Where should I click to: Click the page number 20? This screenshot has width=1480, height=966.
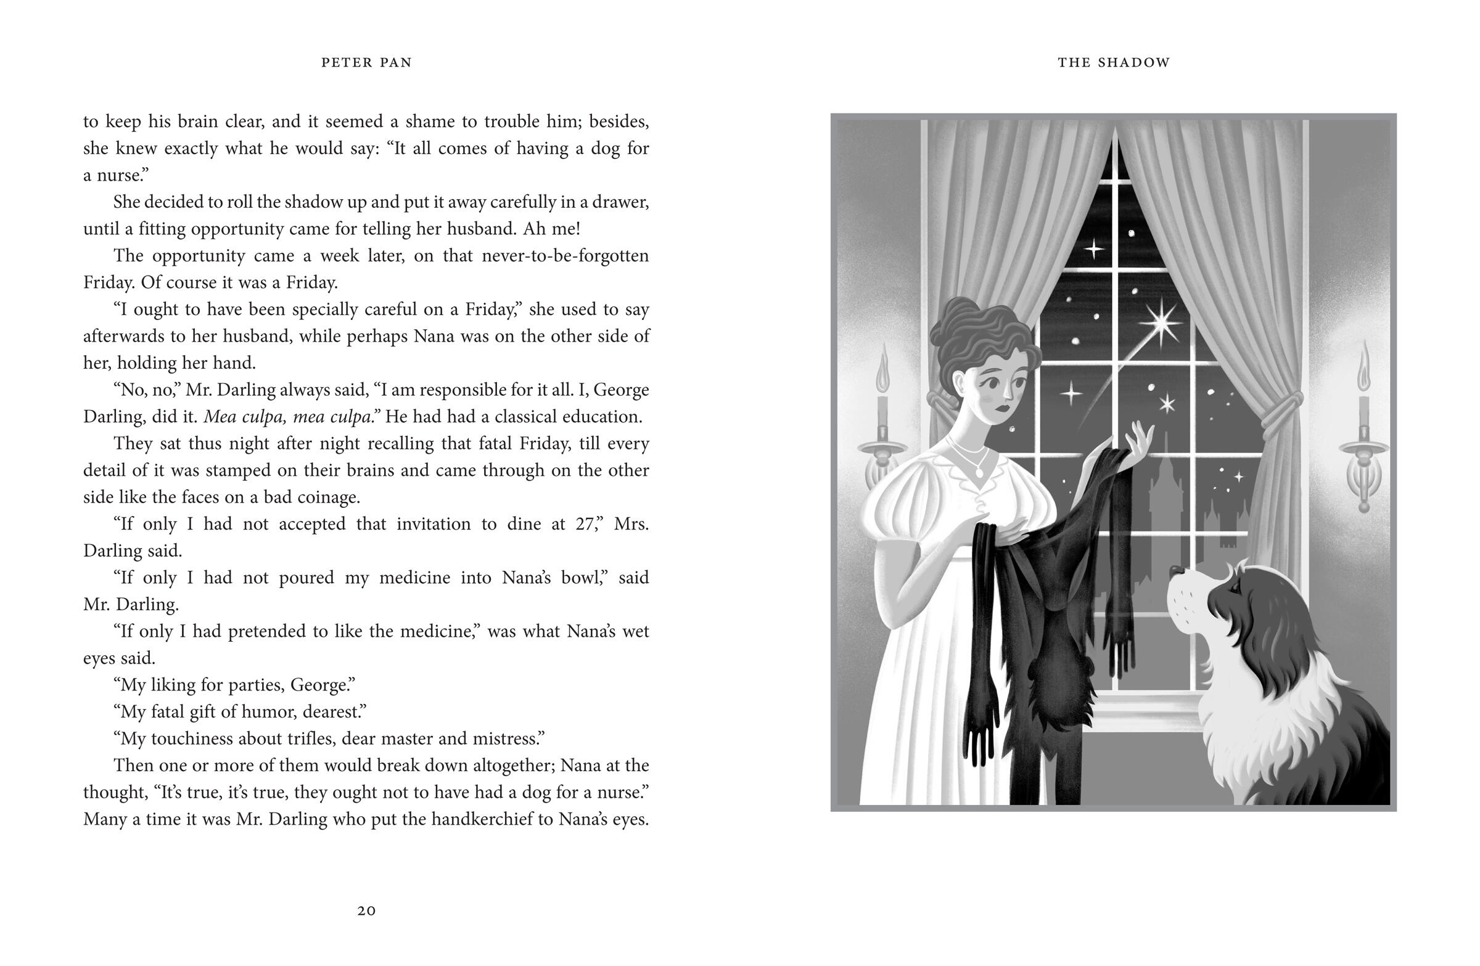[366, 911]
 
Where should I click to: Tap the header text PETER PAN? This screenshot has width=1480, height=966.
[366, 62]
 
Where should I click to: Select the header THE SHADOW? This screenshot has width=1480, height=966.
[1114, 62]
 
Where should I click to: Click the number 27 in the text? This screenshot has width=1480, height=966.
[585, 524]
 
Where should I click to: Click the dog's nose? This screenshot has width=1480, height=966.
[1173, 570]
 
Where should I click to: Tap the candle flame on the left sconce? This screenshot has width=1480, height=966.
[882, 373]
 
